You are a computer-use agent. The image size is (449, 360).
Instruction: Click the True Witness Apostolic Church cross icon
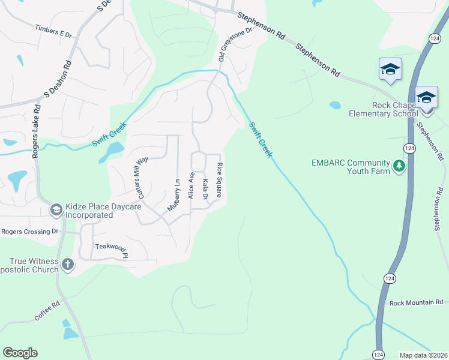[x=68, y=265]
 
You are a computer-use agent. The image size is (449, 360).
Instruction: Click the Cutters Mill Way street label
[x=143, y=178]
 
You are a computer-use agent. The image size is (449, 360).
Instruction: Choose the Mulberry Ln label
[x=174, y=194]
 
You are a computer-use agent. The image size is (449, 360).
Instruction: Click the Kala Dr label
[x=205, y=189]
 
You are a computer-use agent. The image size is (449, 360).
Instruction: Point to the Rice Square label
[x=220, y=179]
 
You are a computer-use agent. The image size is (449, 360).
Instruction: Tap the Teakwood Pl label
[x=112, y=247]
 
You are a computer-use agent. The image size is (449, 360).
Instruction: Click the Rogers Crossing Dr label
[x=30, y=231]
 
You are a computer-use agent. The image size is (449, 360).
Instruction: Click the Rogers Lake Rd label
[x=37, y=132]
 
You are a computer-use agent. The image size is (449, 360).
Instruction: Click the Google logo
[x=20, y=353]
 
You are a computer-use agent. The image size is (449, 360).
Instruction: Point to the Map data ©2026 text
[x=423, y=355]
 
